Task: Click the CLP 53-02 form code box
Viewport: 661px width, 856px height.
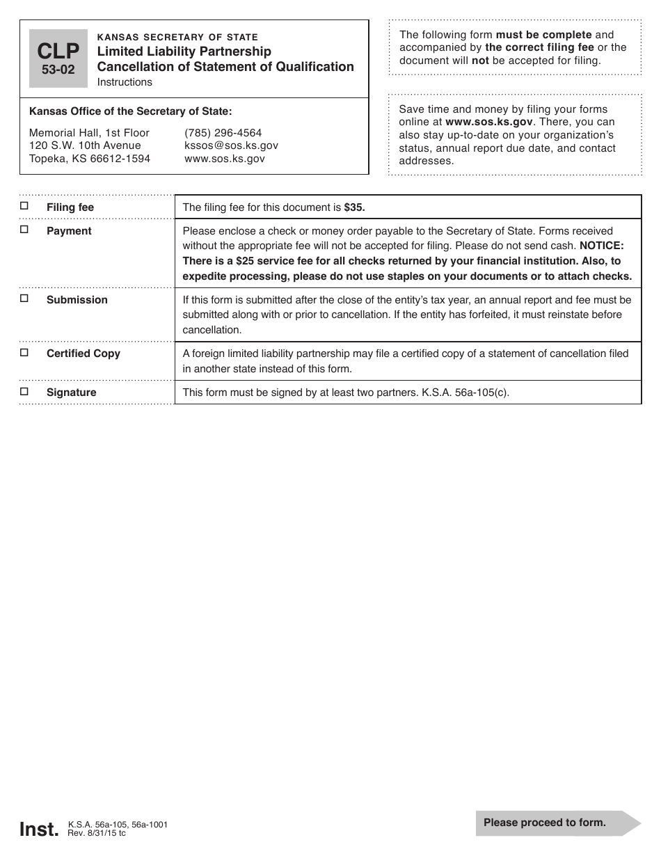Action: [x=58, y=58]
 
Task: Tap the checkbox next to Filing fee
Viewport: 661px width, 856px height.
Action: [x=24, y=206]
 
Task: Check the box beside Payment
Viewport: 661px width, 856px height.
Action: [x=24, y=229]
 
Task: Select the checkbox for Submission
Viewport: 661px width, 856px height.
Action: [x=24, y=298]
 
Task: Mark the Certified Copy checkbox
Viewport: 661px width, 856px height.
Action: [x=24, y=352]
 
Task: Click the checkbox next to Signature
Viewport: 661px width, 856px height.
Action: [x=24, y=391]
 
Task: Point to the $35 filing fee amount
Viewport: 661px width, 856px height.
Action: [x=354, y=207]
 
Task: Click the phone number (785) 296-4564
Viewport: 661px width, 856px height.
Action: [x=223, y=133]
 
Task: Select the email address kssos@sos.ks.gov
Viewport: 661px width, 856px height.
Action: [x=231, y=145]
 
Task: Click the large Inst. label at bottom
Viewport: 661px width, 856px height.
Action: [x=39, y=829]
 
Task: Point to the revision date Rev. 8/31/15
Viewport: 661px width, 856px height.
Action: [x=96, y=832]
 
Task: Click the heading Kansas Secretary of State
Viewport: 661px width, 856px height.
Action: [x=177, y=37]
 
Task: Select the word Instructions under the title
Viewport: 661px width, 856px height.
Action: [x=125, y=82]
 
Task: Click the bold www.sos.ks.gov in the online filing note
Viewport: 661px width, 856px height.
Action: [x=488, y=122]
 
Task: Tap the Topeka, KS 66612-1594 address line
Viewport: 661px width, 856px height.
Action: [x=89, y=159]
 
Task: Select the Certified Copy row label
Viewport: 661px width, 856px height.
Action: [x=83, y=354]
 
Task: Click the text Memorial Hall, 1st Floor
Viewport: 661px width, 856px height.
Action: [x=89, y=133]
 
